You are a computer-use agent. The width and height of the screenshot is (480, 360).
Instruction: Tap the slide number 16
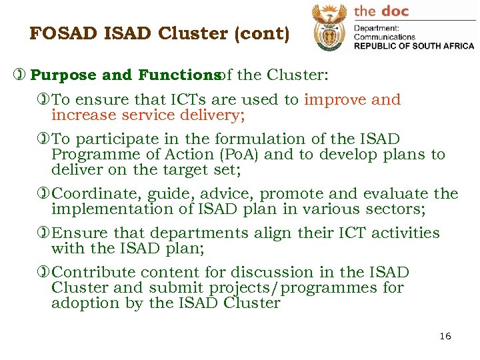[445, 336]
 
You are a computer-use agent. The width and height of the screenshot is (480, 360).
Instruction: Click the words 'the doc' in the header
[381, 11]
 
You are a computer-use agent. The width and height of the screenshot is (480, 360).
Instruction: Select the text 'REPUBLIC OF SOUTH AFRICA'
[413, 46]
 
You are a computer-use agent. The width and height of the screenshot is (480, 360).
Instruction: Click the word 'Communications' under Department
[384, 37]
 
